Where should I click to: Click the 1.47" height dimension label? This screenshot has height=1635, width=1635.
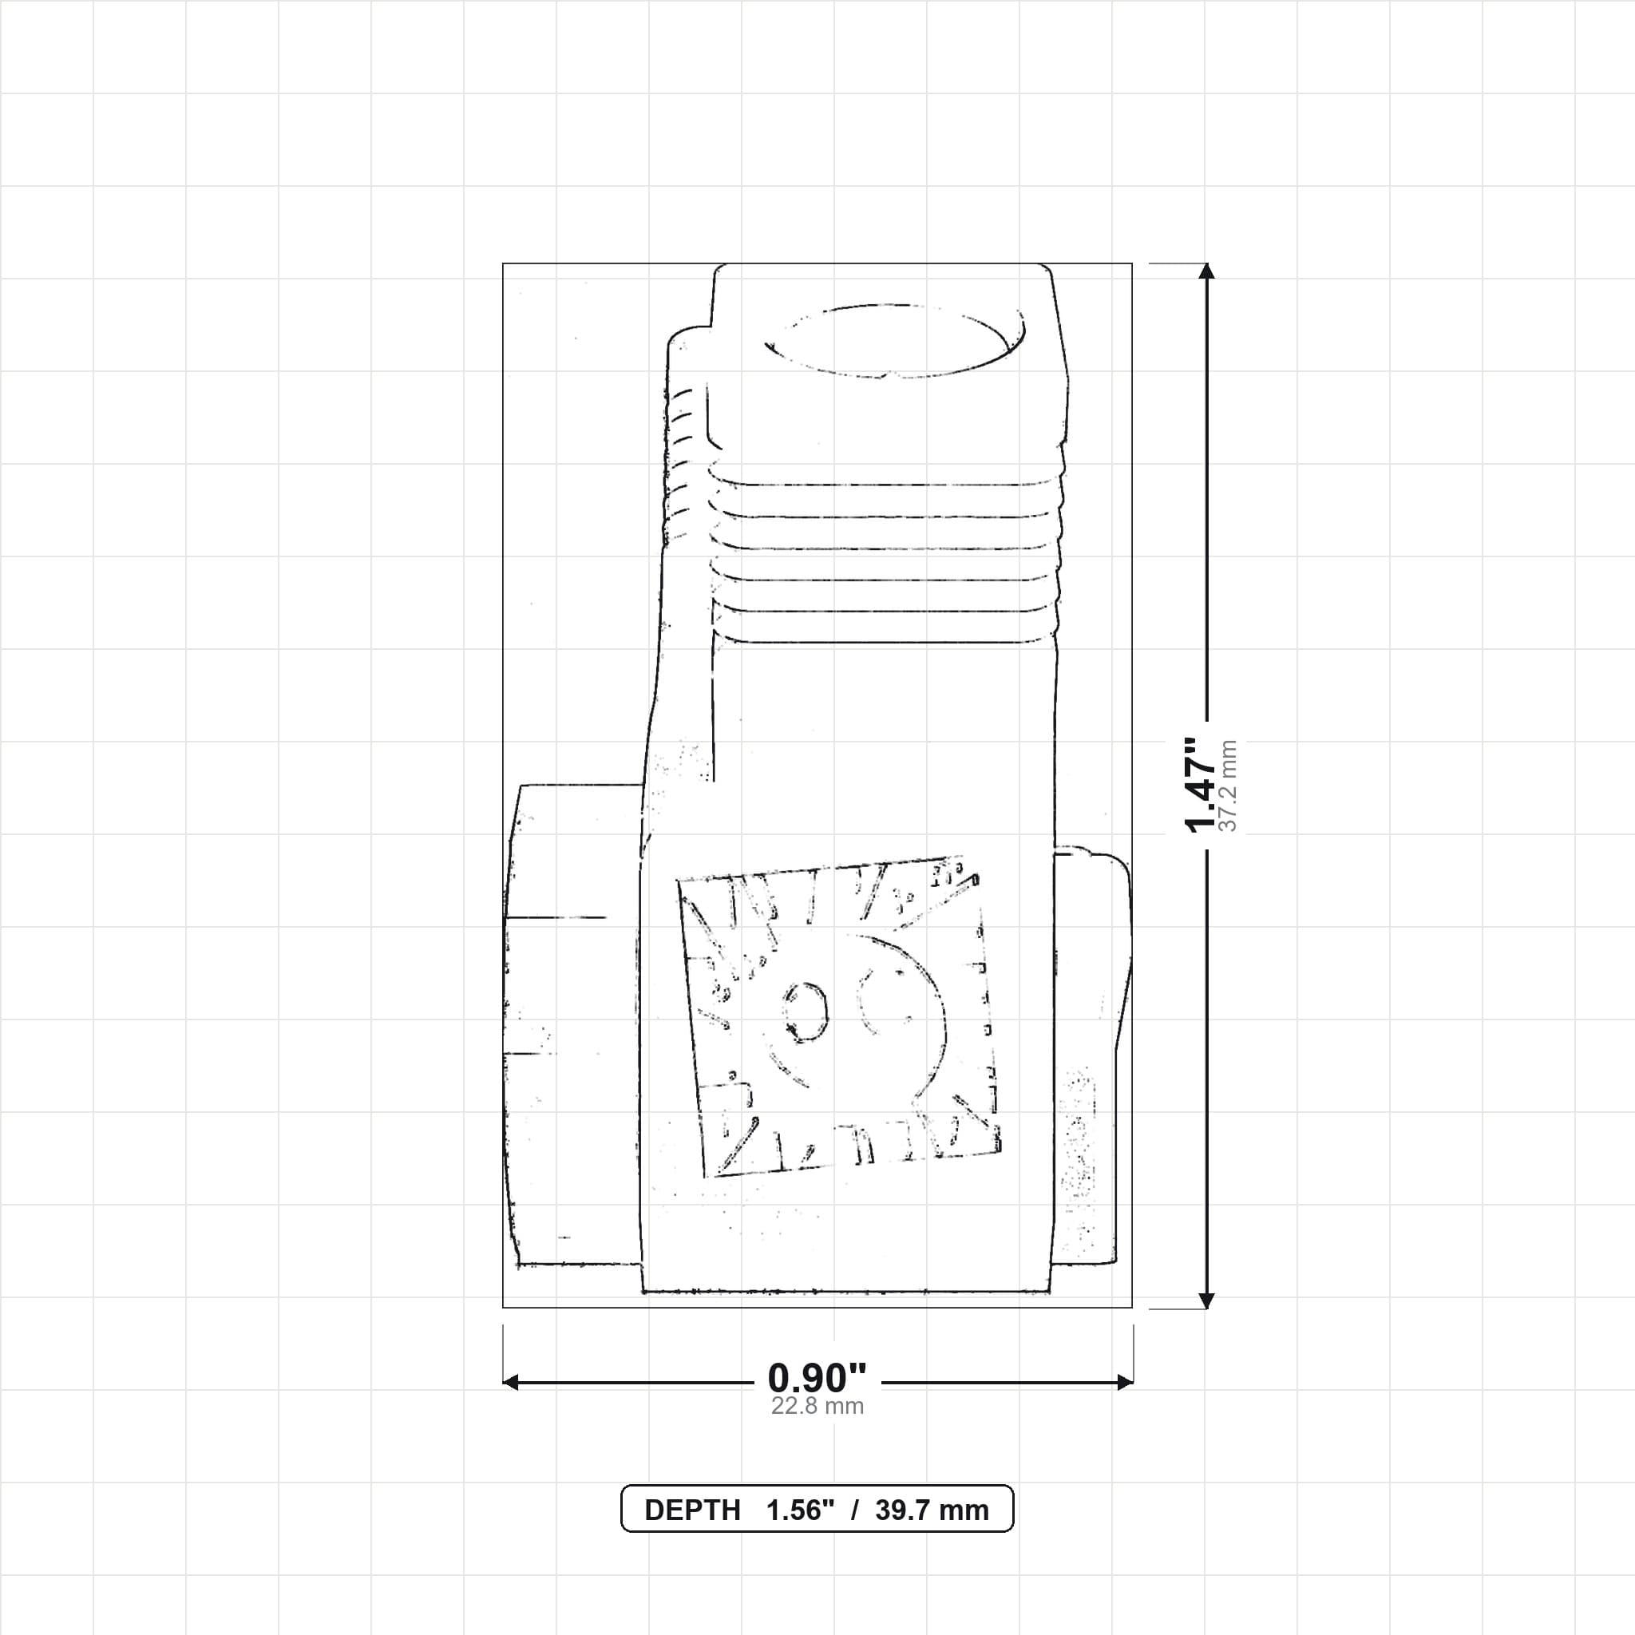tap(1200, 785)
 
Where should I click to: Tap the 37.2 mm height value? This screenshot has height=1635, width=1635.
tap(1229, 786)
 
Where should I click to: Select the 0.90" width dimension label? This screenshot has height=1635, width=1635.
tap(817, 1379)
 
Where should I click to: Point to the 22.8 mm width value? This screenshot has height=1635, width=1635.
tap(817, 1407)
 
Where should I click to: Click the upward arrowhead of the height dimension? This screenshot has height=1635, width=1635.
tap(1207, 271)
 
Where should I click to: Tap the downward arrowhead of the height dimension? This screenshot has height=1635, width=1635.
tap(1207, 1300)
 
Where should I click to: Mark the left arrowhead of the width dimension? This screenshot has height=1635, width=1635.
tap(510, 1383)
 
